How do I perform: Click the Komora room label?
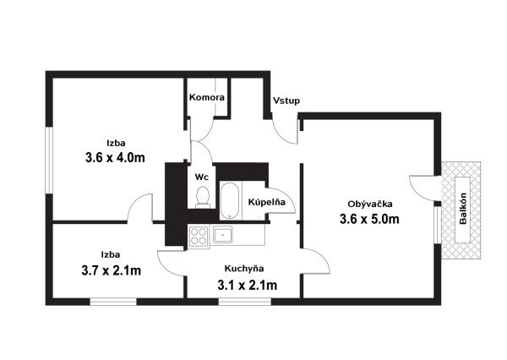point(207,97)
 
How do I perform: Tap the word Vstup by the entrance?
point(286,101)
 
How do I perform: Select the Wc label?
point(201,177)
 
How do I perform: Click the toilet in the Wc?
point(203,197)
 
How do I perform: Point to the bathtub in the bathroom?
point(230,200)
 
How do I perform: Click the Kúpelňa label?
point(267,202)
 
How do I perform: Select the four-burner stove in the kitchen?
point(199,236)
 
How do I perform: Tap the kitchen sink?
point(222,234)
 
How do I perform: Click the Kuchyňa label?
point(244,269)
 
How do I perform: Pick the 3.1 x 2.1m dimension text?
point(248,286)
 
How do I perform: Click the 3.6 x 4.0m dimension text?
point(115,157)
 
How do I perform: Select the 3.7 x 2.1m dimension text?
point(112,270)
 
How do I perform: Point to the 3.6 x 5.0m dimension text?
point(369,219)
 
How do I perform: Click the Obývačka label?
point(370,205)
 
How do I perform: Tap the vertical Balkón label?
point(463,208)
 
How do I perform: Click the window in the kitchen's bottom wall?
point(245,302)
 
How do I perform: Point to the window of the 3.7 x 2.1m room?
point(113,302)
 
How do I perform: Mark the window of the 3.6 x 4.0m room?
point(49,161)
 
